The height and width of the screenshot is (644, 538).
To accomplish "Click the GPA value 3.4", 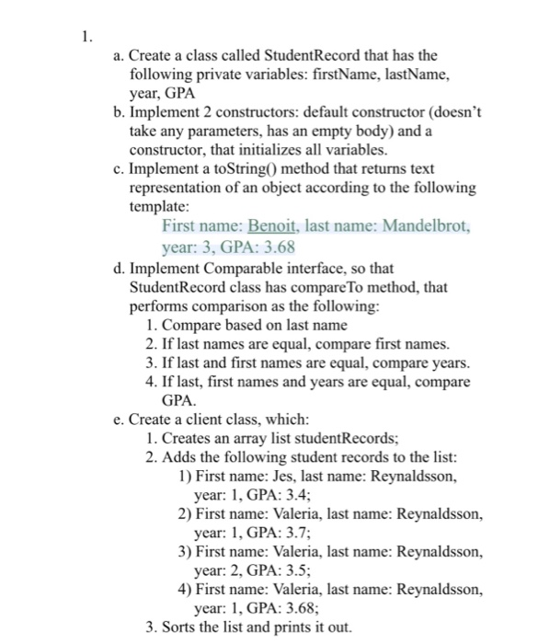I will pyautogui.click(x=291, y=494).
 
